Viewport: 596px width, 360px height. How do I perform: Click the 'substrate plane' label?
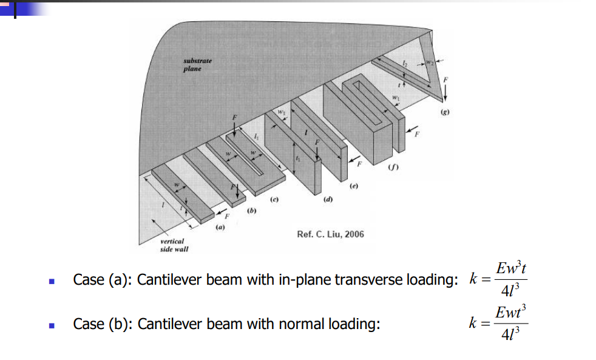click(197, 65)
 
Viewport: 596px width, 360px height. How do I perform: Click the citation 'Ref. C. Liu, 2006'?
click(330, 234)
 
